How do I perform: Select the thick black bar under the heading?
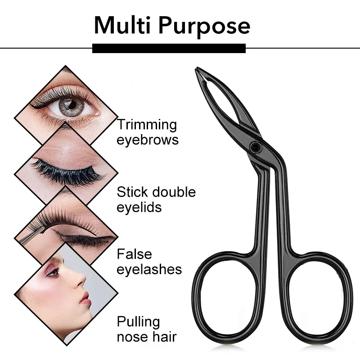(x=169, y=48)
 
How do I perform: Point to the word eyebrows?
(x=148, y=139)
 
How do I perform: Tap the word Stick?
(x=130, y=192)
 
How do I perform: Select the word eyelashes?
(x=149, y=269)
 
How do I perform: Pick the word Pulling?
(x=138, y=322)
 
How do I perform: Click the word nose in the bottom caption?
(x=131, y=337)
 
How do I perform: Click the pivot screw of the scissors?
(x=256, y=146)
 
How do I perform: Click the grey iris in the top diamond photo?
(x=70, y=107)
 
